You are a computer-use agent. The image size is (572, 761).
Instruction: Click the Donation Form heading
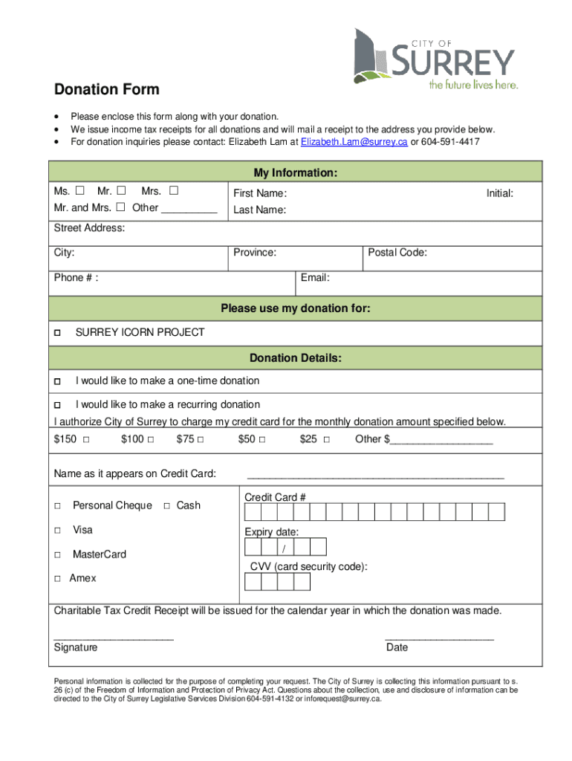point(106,90)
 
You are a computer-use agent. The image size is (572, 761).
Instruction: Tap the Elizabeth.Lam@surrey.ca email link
point(354,141)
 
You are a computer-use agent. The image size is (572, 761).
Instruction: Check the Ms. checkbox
point(79,192)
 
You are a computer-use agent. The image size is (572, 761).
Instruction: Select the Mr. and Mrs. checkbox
point(120,207)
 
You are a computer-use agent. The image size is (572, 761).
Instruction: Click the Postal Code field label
point(397,253)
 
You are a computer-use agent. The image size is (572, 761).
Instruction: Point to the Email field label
point(315,278)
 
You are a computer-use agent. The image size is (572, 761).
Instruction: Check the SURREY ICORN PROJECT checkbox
point(57,333)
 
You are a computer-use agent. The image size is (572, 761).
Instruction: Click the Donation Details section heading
point(296,358)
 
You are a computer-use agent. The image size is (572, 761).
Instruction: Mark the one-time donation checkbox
point(57,381)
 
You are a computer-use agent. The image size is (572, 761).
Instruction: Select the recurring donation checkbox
point(57,405)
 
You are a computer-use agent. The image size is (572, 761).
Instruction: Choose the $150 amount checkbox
point(86,439)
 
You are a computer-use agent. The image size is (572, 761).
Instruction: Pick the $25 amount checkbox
point(327,439)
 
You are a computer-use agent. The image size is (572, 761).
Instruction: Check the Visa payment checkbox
point(57,531)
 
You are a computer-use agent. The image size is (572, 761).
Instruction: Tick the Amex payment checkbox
point(57,579)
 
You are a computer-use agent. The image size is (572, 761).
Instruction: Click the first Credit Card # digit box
point(253,512)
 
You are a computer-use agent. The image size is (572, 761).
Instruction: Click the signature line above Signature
point(114,638)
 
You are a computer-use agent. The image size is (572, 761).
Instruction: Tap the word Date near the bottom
point(397,647)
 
